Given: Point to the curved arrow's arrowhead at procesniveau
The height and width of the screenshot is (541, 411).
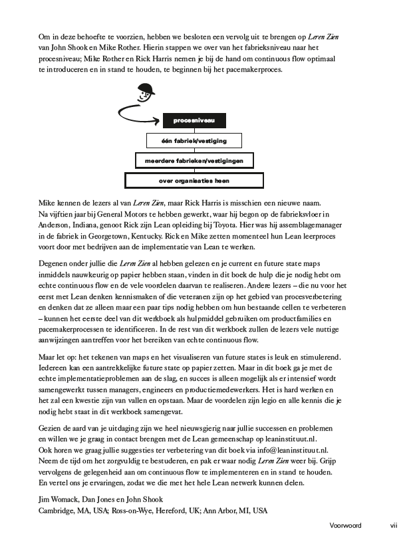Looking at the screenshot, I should [158, 121].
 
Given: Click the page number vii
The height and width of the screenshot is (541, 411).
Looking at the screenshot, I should [393, 525].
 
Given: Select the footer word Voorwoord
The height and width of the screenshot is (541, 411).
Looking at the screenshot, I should [346, 525].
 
